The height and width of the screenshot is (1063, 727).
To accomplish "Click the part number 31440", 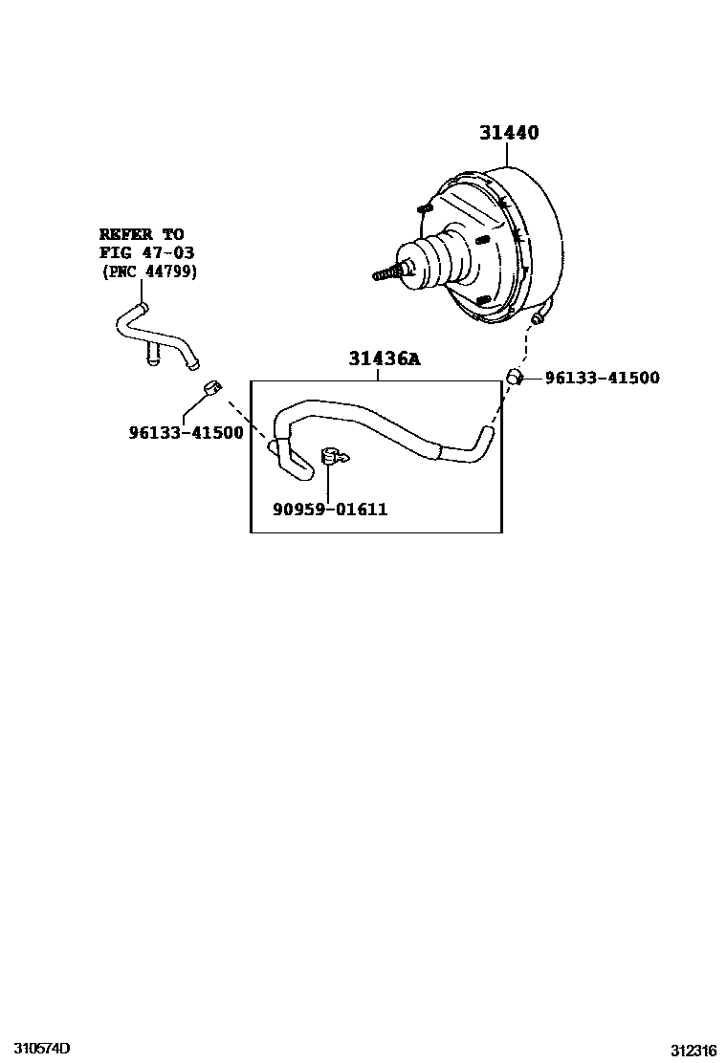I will tap(509, 134).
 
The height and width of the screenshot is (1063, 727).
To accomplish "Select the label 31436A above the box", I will tap(384, 359).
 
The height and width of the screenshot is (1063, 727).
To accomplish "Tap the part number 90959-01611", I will tap(330, 510).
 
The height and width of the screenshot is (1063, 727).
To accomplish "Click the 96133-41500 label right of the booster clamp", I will tap(602, 379).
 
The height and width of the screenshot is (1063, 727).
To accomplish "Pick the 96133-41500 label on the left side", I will tap(186, 432).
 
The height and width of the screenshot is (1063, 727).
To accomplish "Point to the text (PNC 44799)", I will tap(148, 271).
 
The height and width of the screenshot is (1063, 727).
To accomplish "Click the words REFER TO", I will tap(142, 234).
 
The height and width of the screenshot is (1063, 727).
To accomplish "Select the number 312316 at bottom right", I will tap(693, 1050).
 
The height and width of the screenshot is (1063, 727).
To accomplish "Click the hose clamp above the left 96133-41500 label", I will tap(212, 387).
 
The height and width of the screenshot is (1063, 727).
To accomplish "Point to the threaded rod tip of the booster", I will tap(381, 275).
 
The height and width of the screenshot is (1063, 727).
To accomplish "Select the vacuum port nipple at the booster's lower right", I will tap(541, 314).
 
